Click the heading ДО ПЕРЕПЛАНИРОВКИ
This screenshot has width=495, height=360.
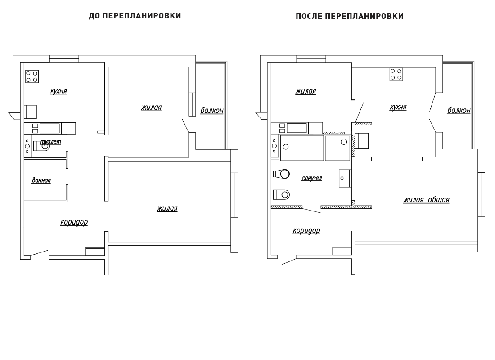pos(135,16)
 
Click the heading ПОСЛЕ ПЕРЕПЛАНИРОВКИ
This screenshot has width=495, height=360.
pos(350,16)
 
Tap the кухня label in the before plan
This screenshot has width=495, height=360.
pos(58,91)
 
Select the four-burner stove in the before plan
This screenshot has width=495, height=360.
pos(32,76)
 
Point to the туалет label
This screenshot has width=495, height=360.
pos(50,142)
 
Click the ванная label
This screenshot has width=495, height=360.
pos(41,180)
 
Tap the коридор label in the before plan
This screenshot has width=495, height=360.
pos(74,222)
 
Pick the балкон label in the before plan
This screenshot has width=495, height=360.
pos(212,111)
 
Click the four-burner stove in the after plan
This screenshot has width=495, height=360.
pos(396,75)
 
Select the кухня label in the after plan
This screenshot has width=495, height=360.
pos(398,108)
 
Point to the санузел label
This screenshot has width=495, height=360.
pos(312,178)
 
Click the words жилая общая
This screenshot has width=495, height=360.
pos(426,200)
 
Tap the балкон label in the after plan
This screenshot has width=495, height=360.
pos(459,111)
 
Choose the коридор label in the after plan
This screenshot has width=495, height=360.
pos(306,231)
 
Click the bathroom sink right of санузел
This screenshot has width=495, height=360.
pos(344,178)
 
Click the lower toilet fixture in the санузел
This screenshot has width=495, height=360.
pos(281,194)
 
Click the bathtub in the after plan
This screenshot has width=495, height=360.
pos(302,148)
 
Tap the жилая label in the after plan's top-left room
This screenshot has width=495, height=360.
pos(306,91)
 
